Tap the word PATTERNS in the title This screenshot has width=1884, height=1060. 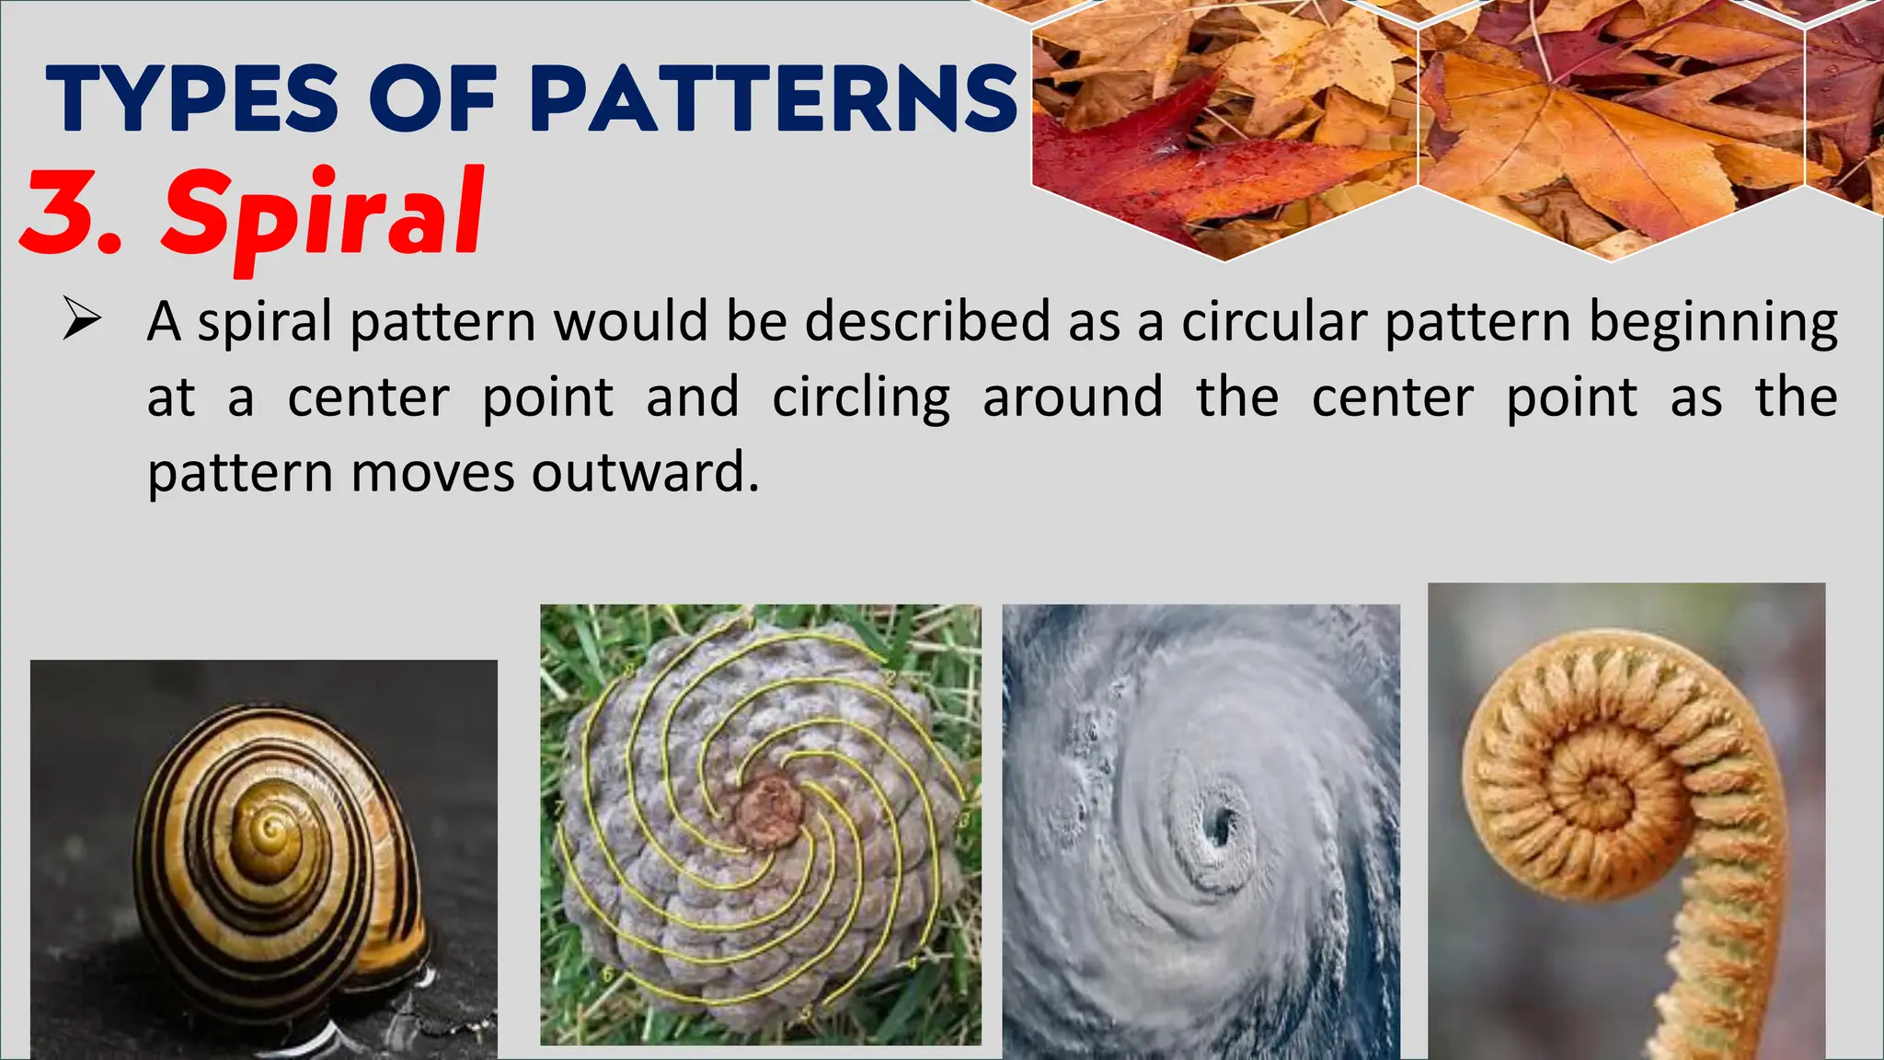click(x=774, y=99)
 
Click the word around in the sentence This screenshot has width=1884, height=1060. click(x=1073, y=397)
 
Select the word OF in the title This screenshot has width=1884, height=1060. click(x=433, y=99)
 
